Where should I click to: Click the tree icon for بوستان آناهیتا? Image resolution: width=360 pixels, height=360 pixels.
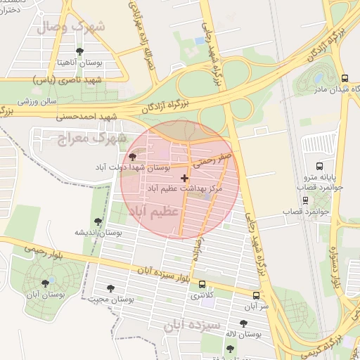(x=79, y=51)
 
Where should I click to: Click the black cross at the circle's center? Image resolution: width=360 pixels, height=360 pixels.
(x=184, y=179)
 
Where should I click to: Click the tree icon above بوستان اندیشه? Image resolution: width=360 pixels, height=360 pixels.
(x=98, y=221)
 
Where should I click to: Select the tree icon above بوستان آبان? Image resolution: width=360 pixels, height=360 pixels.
(x=46, y=283)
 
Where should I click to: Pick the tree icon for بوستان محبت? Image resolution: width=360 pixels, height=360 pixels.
(x=110, y=288)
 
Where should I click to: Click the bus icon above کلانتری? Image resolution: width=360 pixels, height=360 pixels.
(x=202, y=285)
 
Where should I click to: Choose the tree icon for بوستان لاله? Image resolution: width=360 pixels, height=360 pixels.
(x=243, y=323)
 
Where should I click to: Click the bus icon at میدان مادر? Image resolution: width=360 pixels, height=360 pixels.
(x=344, y=79)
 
